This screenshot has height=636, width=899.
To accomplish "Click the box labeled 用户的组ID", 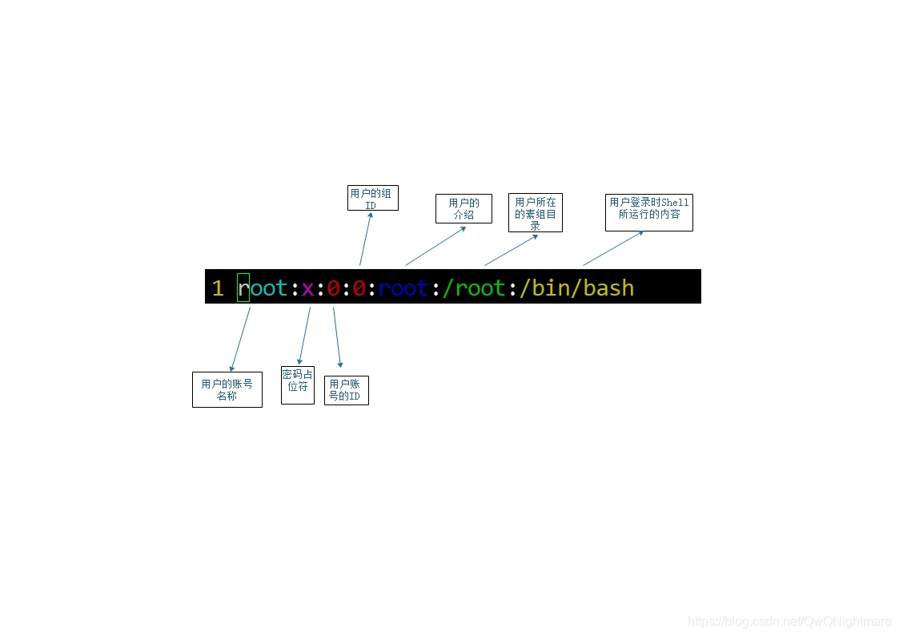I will pos(372,198).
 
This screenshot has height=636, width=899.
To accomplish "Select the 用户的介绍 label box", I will pos(464,208).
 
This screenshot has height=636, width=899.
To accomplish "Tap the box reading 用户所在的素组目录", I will pos(535,213).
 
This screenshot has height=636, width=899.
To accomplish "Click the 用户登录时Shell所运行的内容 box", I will pos(648,212).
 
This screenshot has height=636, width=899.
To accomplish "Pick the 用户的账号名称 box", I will pos(227,389).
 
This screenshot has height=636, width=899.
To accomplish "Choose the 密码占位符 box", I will pos(297,384).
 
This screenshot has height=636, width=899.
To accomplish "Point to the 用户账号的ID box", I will pos(346,390).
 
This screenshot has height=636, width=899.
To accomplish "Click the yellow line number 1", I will pos(218,288).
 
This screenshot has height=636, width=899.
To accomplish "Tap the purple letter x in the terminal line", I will pos(307,288).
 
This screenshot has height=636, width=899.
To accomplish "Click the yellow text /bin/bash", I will pos(576,288).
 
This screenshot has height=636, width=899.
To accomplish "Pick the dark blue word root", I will pos(403,288).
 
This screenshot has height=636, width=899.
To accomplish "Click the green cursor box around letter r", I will pos(243,288).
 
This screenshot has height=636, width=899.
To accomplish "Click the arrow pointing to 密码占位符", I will pos(304,336).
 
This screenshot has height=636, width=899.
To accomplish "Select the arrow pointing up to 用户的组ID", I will pos(366,238).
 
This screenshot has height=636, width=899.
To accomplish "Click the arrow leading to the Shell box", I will pos(613,248).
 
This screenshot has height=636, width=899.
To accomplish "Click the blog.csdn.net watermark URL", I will pos(789,622).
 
